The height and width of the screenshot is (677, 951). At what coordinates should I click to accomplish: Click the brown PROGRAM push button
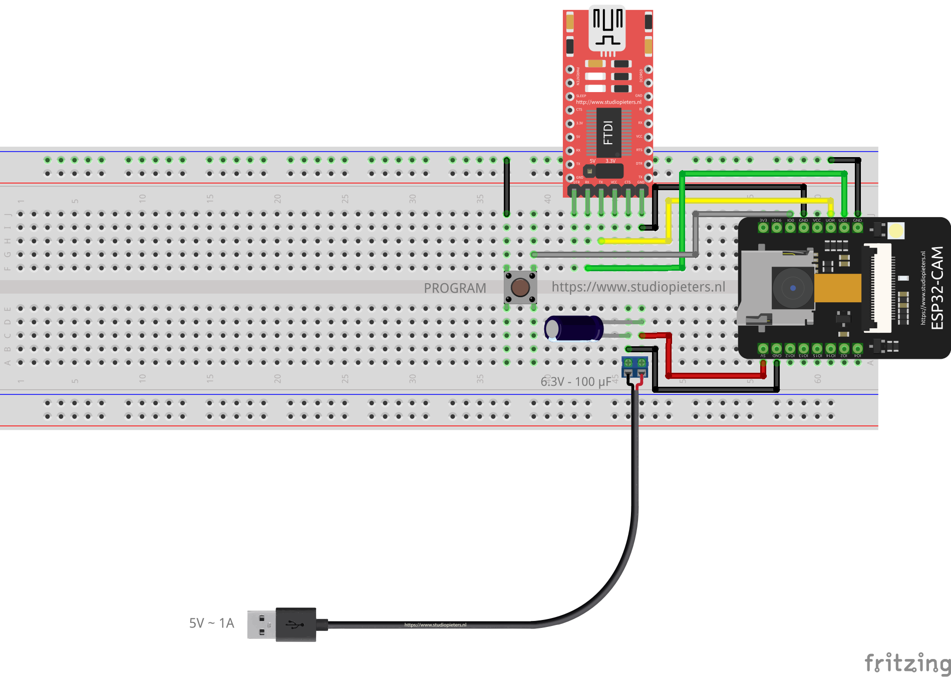coord(520,288)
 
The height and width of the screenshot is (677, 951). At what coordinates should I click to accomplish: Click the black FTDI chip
coord(608,133)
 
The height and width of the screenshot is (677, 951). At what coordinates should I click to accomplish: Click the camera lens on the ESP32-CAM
coord(793,288)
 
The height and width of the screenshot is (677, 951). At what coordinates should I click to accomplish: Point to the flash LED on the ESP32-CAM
coord(896,231)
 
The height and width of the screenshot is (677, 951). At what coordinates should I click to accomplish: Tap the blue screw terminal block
coord(635,366)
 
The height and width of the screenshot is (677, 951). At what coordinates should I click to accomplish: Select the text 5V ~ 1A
coord(211,623)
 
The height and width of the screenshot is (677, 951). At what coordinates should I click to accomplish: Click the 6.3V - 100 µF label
coord(576,382)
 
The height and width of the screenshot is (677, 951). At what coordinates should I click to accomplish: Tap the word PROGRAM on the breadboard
coord(455,288)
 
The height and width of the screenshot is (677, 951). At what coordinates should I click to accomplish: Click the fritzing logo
coord(906,663)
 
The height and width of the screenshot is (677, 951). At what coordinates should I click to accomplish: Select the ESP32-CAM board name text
coord(937,288)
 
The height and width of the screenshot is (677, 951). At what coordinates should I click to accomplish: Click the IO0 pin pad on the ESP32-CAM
coord(790,228)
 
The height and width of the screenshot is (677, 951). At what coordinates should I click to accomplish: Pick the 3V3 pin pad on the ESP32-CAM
coord(763,228)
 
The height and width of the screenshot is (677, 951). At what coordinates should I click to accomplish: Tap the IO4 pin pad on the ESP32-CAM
coord(857,348)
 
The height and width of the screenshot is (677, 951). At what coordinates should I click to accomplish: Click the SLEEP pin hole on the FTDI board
coord(570,97)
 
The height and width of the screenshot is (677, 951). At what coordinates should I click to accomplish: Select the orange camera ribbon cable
coord(837,288)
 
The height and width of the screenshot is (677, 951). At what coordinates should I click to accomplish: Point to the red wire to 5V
coord(716,375)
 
